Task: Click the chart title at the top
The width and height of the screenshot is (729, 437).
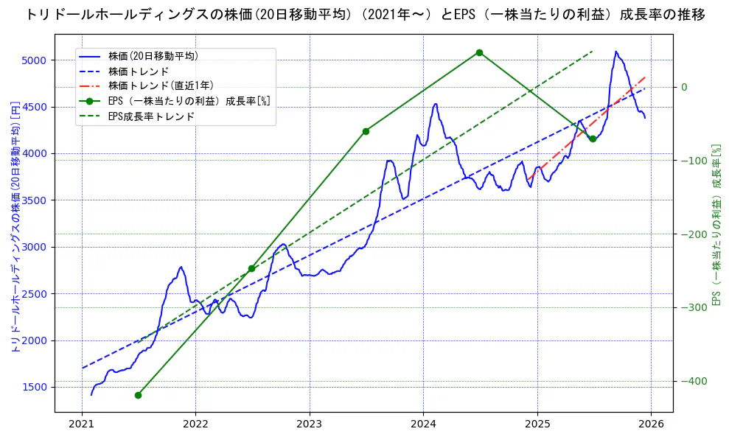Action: click(x=364, y=15)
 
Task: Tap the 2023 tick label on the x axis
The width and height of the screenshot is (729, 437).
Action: click(x=310, y=424)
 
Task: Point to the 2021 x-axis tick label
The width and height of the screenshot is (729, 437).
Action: click(x=82, y=424)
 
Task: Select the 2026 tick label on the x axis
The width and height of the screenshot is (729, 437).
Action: click(x=651, y=424)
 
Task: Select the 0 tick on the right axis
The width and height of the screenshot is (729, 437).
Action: click(x=684, y=87)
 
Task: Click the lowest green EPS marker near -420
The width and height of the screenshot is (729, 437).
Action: click(x=138, y=395)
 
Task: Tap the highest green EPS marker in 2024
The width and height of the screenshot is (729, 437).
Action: click(x=479, y=52)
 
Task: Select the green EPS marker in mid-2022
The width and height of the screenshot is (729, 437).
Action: click(x=251, y=268)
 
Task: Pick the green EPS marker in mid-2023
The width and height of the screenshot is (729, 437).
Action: click(x=366, y=131)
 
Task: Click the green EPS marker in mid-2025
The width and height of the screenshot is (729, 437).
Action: click(x=593, y=139)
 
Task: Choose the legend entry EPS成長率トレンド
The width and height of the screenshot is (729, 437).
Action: click(x=151, y=116)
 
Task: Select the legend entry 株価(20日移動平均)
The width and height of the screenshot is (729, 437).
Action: click(x=153, y=55)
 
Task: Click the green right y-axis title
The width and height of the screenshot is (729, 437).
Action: click(x=716, y=225)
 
